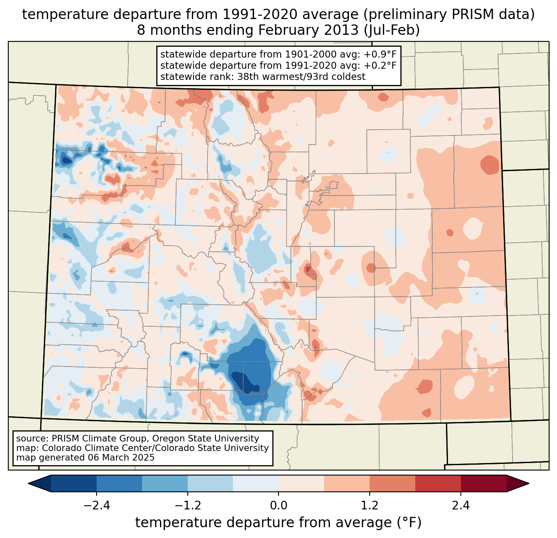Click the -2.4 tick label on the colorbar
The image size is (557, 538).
click(x=97, y=505)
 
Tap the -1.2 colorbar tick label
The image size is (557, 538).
click(x=187, y=505)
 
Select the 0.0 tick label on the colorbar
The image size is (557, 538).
click(x=278, y=505)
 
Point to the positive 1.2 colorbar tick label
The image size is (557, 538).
click(x=370, y=505)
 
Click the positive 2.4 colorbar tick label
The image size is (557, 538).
click(x=460, y=505)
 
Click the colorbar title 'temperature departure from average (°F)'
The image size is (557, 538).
click(x=278, y=523)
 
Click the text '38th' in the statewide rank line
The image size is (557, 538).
click(x=248, y=77)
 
